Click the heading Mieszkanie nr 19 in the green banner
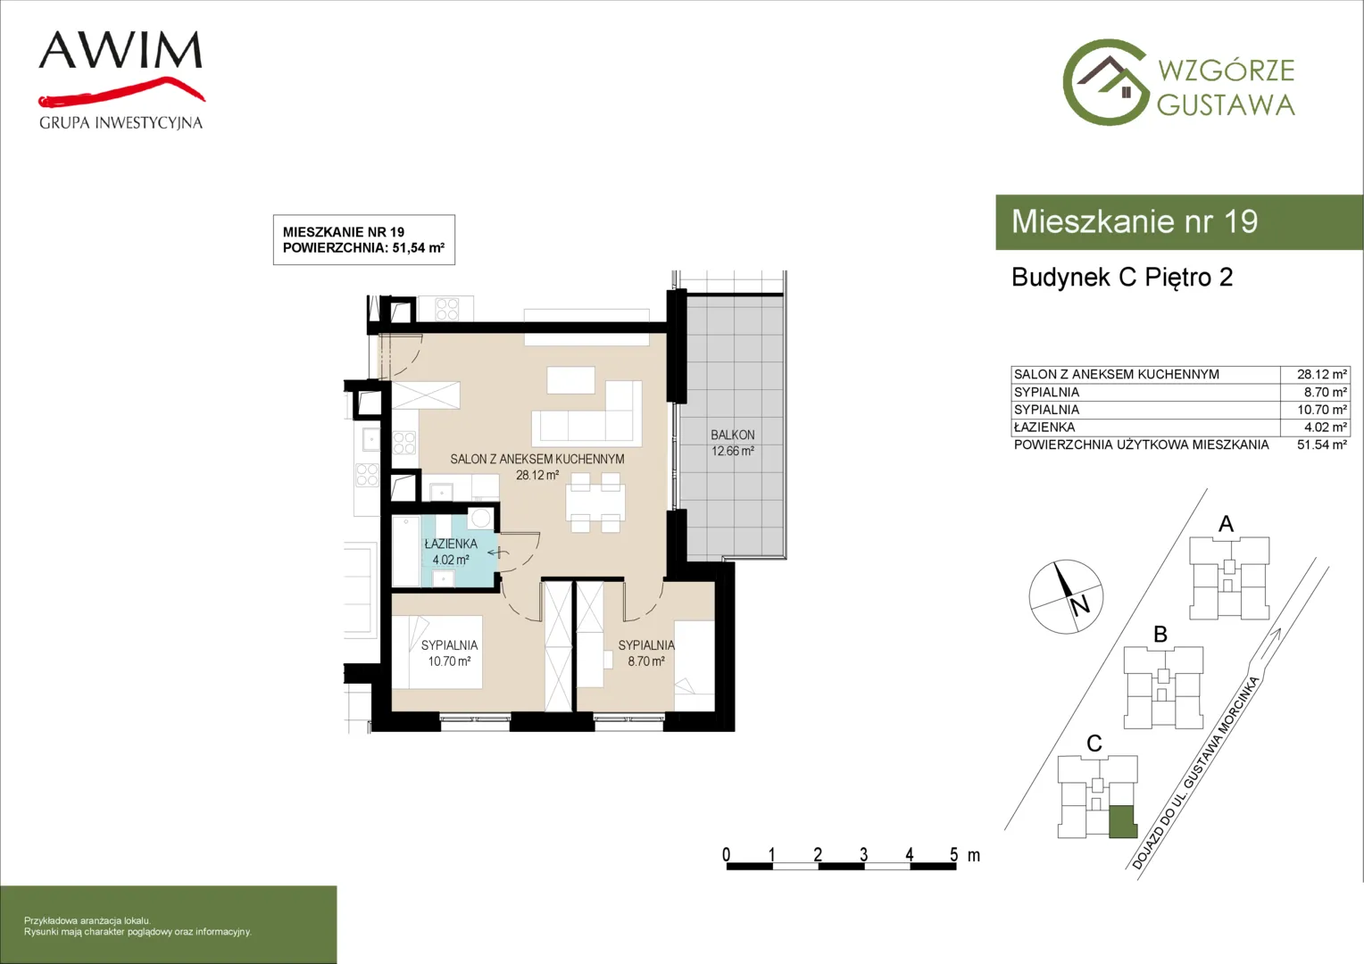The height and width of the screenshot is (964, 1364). [1135, 221]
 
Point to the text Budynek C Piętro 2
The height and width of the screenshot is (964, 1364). [1122, 277]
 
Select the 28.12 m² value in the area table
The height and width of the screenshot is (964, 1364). [1321, 375]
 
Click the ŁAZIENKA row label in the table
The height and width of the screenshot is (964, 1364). [1044, 428]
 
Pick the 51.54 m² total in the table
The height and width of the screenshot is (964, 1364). [1321, 445]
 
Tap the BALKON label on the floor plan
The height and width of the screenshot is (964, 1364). [733, 435]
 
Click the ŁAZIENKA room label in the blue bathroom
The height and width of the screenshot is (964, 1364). [451, 544]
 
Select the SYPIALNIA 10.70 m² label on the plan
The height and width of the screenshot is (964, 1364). [449, 652]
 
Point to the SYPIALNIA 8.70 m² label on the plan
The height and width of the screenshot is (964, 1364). [646, 652]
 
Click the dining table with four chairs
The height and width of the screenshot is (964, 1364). [595, 503]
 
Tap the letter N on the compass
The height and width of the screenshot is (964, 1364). [1080, 605]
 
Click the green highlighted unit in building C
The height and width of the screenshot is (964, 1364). [1123, 821]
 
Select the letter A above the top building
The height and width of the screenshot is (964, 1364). [1226, 524]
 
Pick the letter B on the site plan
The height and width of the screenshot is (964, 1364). [1160, 635]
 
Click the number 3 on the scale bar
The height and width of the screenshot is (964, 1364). [863, 854]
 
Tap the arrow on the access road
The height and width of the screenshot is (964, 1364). [1269, 643]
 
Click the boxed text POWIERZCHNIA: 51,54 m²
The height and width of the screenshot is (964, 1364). [363, 248]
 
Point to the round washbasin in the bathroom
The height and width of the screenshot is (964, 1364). [480, 519]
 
